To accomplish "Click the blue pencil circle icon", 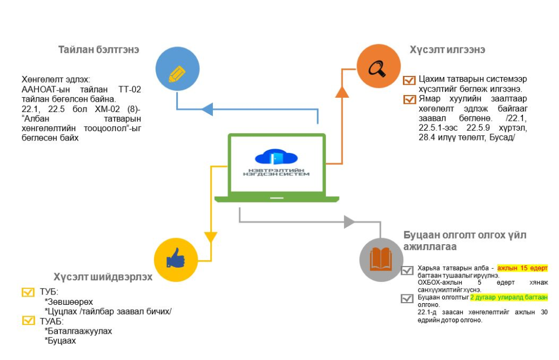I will click(x=177, y=72).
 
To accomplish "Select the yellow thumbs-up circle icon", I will click(x=176, y=259).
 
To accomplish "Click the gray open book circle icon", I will click(x=381, y=259).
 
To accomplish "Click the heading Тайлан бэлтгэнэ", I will click(x=99, y=49).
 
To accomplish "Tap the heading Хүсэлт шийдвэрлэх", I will click(x=103, y=276).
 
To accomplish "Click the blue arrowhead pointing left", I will click(x=207, y=109).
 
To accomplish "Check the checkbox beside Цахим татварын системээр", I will click(x=409, y=81).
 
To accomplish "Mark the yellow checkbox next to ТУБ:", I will click(x=28, y=292).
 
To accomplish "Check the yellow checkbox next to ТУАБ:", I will click(x=28, y=321).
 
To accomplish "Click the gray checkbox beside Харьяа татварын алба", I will click(x=407, y=270).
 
